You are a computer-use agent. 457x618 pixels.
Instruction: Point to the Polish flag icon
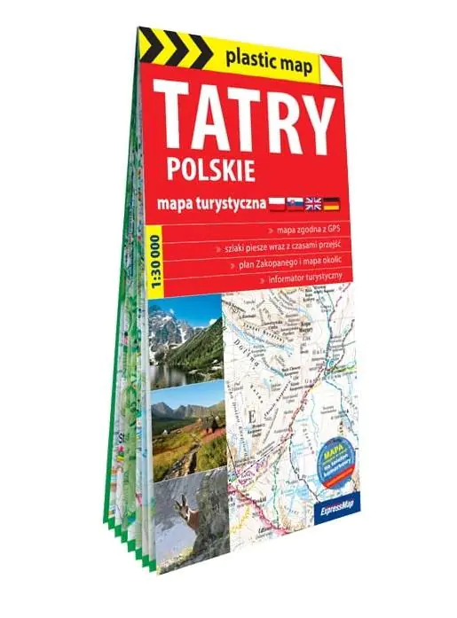pyautogui.click(x=279, y=204)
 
